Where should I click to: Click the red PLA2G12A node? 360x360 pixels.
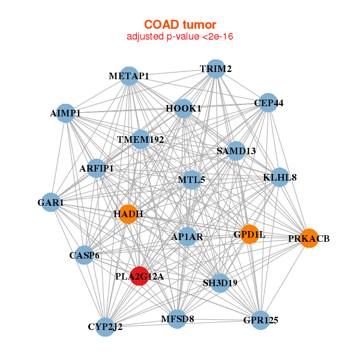tap(140, 276)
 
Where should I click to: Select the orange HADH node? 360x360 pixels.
tap(128, 214)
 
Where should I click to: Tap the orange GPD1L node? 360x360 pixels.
tap(250, 234)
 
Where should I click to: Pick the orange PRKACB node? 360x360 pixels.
tap(309, 238)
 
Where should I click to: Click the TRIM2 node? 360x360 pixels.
tap(215, 69)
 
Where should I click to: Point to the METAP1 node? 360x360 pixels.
tap(129, 76)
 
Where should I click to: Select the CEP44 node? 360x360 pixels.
tap(268, 103)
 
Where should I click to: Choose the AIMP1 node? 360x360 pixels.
tap(65, 113)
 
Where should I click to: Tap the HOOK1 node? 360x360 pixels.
tap(184, 109)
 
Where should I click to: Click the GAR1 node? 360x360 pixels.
tap(50, 202)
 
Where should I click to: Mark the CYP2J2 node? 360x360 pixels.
tap(105, 327)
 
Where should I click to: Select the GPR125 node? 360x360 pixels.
tap(260, 320)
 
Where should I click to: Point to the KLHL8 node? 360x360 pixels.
tap(280, 177)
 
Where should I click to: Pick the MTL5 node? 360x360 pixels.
tap(191, 180)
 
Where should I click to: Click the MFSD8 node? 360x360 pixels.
tap(178, 319)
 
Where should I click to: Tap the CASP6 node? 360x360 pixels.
tap(84, 255)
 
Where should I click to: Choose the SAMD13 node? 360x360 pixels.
tap(236, 151)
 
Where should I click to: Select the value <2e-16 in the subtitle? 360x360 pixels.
tap(218, 36)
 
